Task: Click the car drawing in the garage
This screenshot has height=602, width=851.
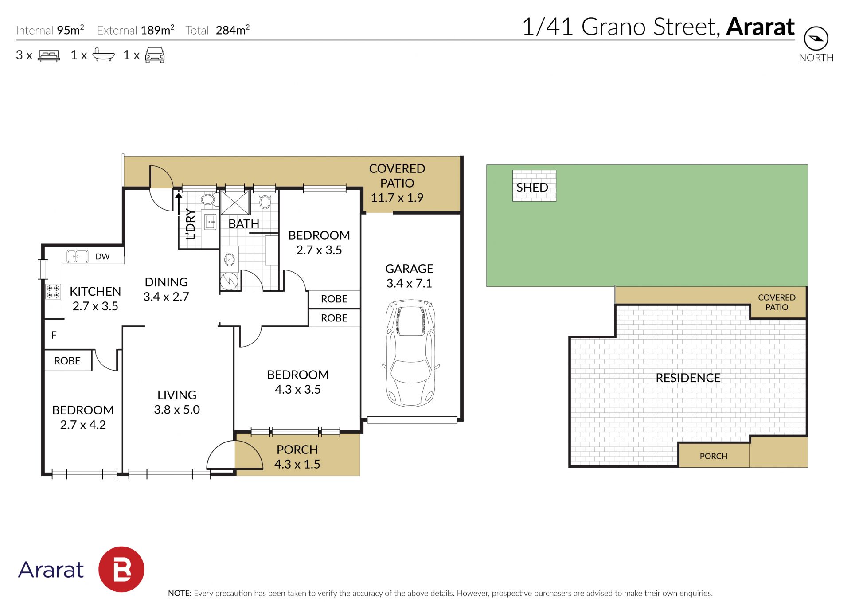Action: click(411, 353)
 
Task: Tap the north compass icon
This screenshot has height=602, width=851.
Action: click(816, 39)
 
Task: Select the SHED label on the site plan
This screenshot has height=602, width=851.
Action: click(532, 188)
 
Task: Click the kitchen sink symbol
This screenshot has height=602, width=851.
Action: click(77, 256)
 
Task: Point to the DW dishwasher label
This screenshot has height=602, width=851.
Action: click(102, 257)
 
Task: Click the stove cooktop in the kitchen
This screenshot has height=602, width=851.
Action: click(53, 292)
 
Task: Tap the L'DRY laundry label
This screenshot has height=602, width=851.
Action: click(190, 224)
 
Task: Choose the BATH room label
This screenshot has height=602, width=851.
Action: click(244, 224)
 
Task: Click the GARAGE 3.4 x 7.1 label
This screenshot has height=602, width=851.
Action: click(409, 276)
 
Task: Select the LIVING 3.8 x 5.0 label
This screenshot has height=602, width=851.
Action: click(177, 402)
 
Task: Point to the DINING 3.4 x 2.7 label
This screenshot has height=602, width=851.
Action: click(166, 289)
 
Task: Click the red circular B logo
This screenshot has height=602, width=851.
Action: click(121, 569)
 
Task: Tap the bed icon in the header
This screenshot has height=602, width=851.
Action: click(49, 55)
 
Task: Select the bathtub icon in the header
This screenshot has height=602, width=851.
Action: click(104, 55)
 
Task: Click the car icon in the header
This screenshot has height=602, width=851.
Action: click(155, 55)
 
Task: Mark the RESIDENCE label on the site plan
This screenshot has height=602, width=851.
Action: click(688, 378)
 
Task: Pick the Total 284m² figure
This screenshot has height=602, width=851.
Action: click(218, 30)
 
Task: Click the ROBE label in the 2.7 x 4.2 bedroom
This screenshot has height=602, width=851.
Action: click(67, 361)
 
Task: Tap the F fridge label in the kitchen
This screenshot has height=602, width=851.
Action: click(54, 335)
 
